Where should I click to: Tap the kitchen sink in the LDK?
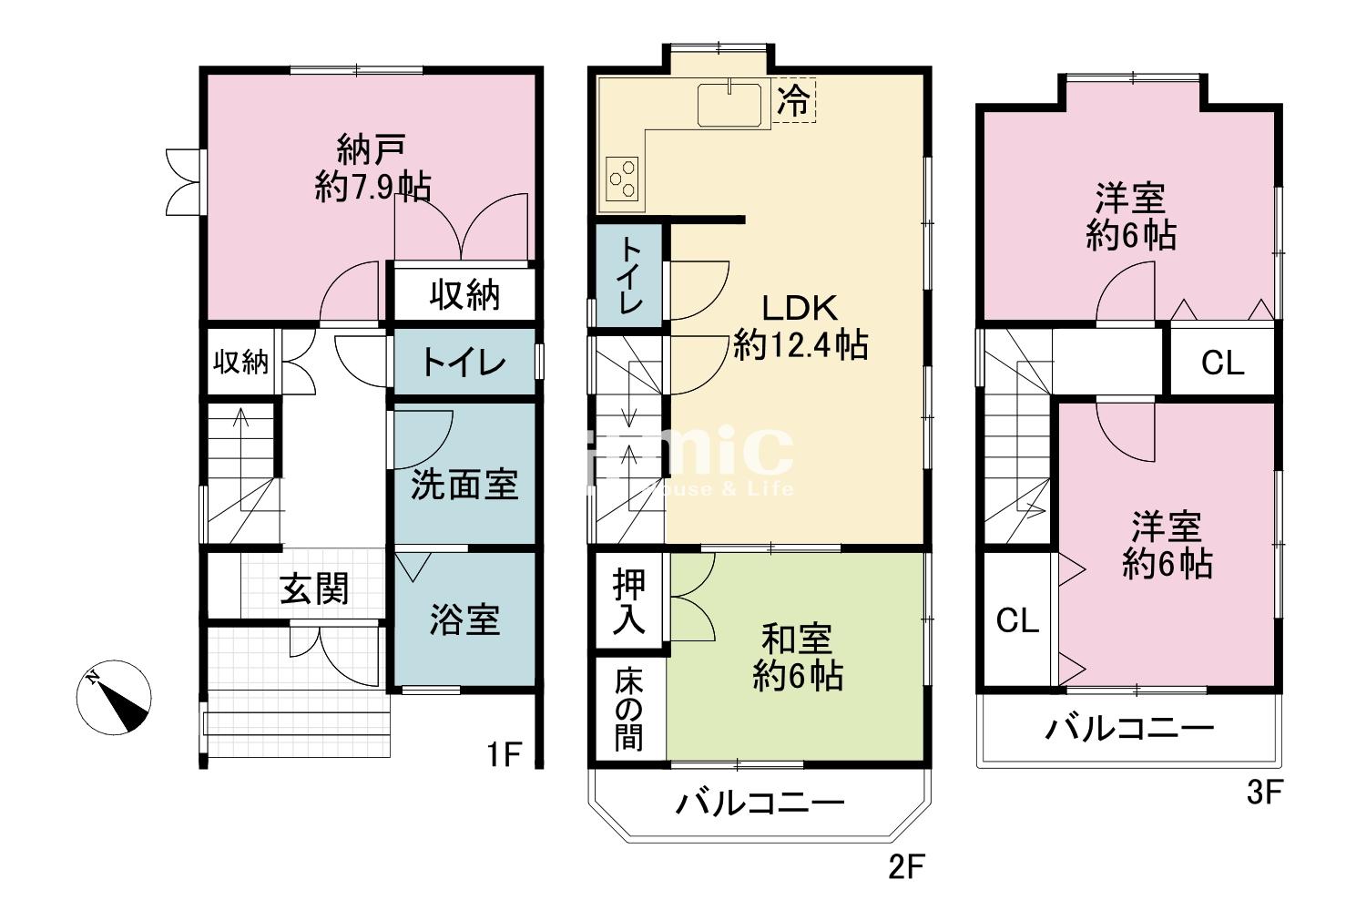[729, 105]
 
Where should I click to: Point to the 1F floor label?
[502, 754]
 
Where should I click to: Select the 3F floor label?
[1263, 793]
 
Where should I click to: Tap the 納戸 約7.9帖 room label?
[372, 168]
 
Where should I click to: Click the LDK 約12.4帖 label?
[800, 327]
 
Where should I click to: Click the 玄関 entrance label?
[314, 589]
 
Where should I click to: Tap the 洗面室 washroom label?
[464, 484]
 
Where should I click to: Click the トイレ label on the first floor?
[464, 363]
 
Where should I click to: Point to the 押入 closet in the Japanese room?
[629, 601]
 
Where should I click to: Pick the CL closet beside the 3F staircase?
[1017, 620]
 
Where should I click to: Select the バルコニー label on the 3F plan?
[1129, 729]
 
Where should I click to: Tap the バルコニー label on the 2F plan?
[760, 803]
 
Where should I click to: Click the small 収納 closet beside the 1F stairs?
[241, 362]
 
